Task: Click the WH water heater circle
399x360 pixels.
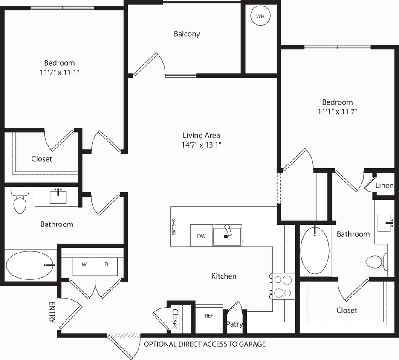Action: tap(260, 16)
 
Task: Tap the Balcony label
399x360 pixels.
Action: tap(187, 34)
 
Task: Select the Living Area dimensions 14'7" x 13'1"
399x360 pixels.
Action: tap(201, 145)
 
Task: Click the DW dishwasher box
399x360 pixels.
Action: tap(201, 235)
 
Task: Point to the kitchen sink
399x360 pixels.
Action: tap(227, 236)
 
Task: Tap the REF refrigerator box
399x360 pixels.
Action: tap(209, 316)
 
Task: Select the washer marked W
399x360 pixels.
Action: tap(84, 264)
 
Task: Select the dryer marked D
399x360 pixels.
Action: tap(106, 264)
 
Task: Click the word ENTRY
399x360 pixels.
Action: tap(52, 312)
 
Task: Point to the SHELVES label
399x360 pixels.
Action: tap(174, 227)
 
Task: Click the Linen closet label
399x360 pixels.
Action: tap(384, 186)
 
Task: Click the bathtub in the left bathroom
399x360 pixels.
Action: tap(30, 265)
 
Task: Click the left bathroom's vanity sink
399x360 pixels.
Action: tap(58, 197)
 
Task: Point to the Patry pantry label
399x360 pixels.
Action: tap(234, 324)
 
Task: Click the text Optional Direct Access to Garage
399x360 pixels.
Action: tap(204, 344)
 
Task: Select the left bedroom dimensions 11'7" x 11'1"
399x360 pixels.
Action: tap(59, 73)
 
